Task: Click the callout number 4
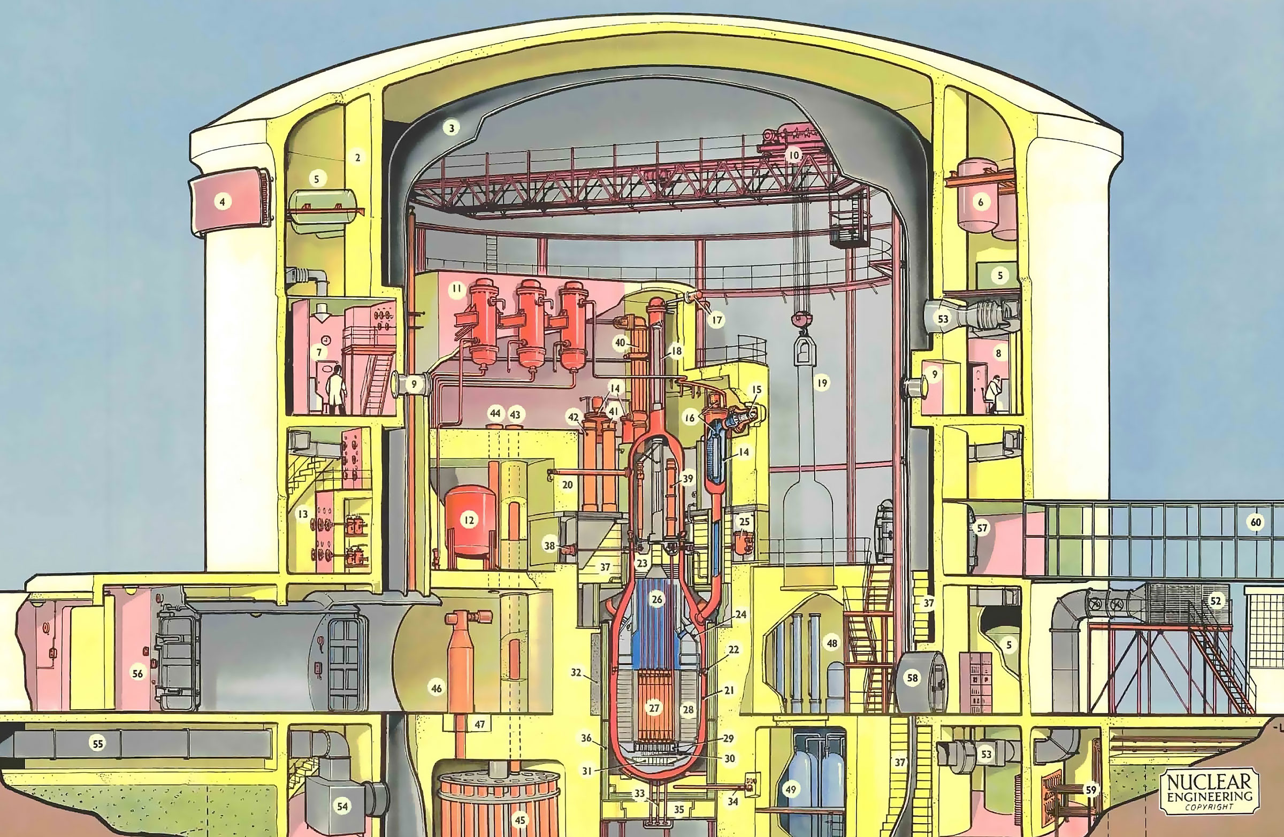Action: click(x=221, y=202)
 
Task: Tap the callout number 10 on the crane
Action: click(x=793, y=156)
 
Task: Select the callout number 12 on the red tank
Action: click(x=469, y=520)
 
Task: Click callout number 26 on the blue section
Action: click(x=656, y=599)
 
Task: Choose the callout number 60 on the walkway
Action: click(x=1256, y=522)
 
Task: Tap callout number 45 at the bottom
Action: click(x=519, y=821)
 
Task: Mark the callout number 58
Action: click(x=912, y=678)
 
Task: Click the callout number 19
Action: click(x=822, y=383)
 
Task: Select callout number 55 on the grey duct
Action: click(x=98, y=744)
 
